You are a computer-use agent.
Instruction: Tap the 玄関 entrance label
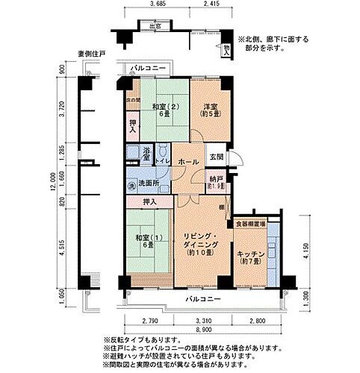pos(215,156)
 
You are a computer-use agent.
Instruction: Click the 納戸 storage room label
pos(215,180)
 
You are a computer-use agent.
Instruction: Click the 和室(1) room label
pos(145,240)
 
